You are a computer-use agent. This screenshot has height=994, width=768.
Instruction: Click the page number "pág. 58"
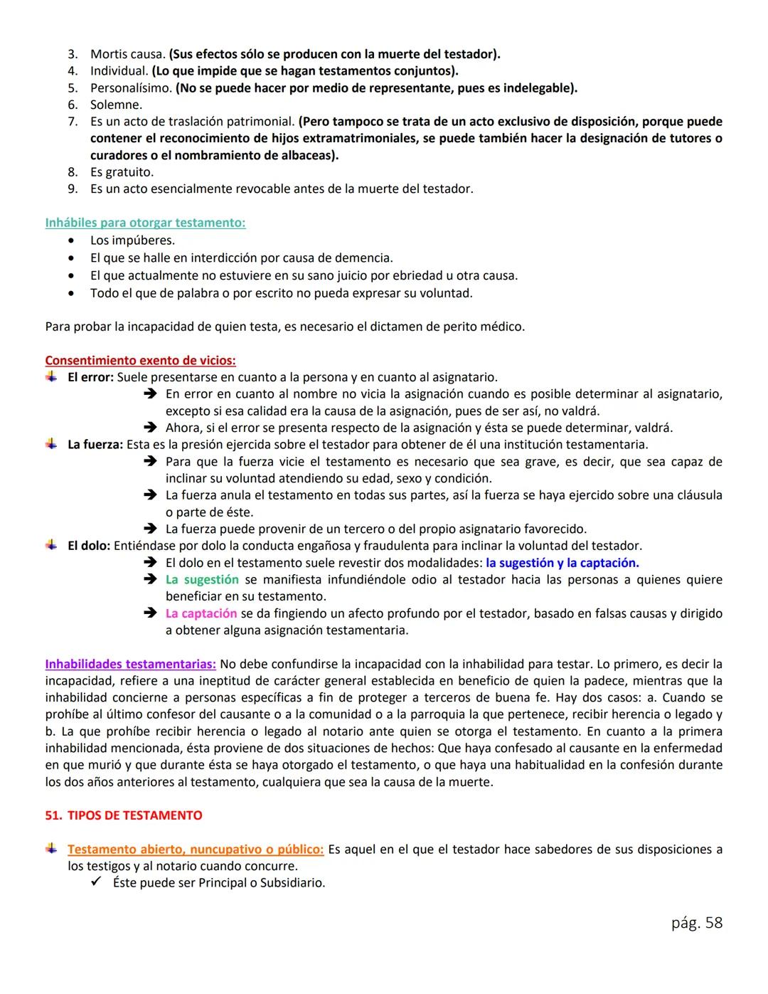[x=696, y=923]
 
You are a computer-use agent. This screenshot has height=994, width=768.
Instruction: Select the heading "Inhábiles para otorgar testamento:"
[x=145, y=223]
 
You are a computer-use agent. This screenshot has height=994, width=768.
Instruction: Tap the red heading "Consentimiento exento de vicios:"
[x=140, y=360]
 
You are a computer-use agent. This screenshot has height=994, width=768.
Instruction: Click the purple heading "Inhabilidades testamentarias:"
[x=130, y=664]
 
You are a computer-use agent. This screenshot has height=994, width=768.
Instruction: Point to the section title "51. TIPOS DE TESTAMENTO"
[x=123, y=815]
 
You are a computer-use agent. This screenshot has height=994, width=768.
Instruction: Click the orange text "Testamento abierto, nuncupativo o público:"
[x=196, y=850]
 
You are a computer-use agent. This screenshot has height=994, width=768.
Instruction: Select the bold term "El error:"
[x=90, y=377]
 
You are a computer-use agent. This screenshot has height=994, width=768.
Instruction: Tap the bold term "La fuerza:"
[x=95, y=445]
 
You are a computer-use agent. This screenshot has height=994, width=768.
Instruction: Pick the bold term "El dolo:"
[x=89, y=546]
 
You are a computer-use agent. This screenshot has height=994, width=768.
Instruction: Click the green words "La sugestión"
[x=202, y=580]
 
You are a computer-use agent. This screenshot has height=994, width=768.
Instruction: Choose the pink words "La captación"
[x=201, y=613]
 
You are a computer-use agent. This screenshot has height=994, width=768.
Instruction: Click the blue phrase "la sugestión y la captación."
[x=562, y=563]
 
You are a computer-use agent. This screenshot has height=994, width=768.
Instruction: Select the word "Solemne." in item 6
[x=116, y=105]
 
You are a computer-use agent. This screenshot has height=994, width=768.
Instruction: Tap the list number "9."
[x=73, y=189]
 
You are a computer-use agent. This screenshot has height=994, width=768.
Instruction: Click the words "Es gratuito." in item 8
[x=122, y=172]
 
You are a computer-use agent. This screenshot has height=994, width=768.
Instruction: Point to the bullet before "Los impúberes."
[x=70, y=240]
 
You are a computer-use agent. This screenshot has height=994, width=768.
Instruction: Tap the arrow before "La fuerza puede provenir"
[x=150, y=529]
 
